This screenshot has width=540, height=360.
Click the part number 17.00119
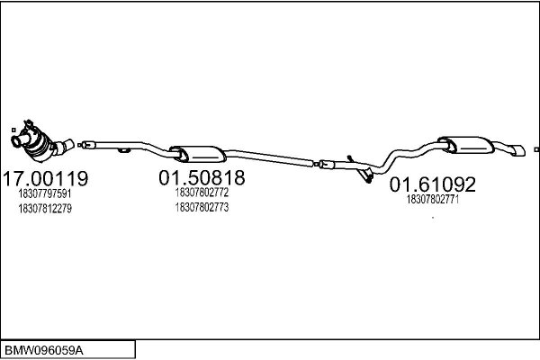(46, 178)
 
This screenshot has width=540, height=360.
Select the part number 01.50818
(202, 178)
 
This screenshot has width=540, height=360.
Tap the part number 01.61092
(433, 184)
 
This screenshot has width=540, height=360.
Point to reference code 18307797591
(45, 193)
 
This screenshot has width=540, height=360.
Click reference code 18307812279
(45, 209)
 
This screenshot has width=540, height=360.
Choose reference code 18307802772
(202, 193)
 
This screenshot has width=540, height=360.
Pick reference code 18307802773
(202, 207)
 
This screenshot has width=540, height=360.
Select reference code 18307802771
(433, 199)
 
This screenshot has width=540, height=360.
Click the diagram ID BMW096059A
(43, 351)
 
